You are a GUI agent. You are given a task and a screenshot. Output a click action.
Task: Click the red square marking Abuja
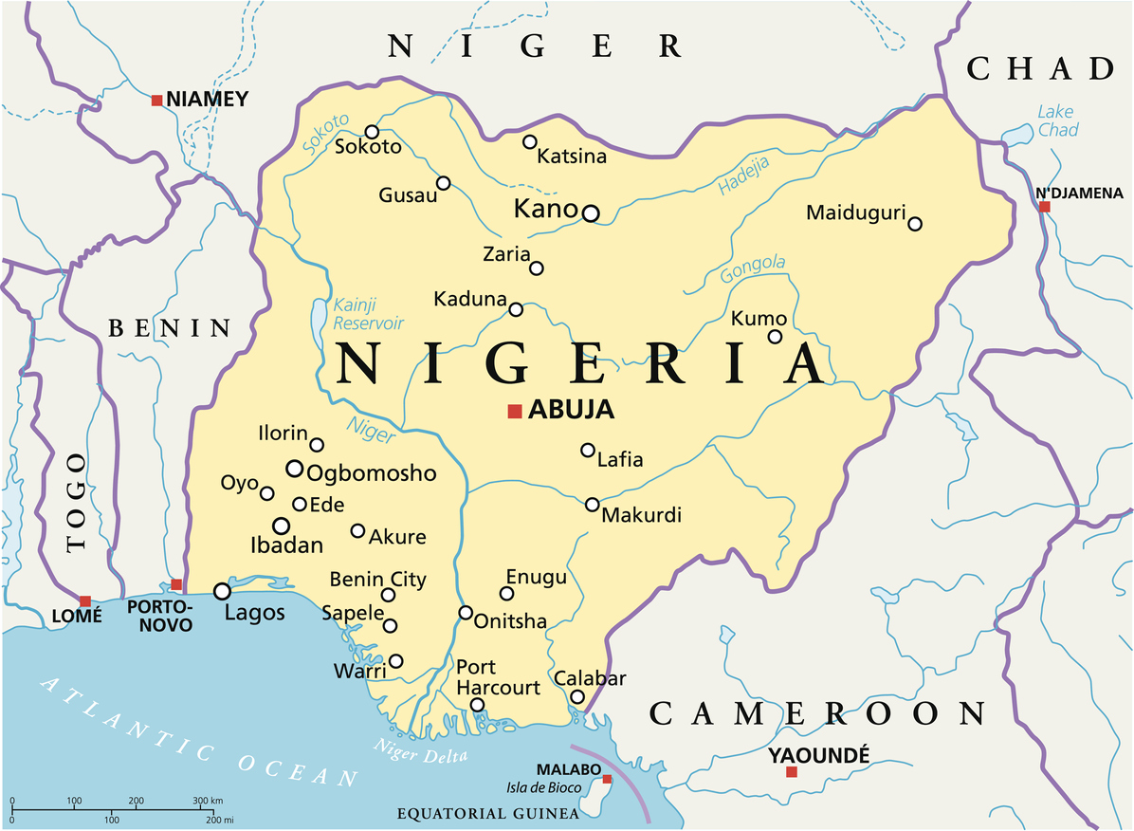tap(515, 411)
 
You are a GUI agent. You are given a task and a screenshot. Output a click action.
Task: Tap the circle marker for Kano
tap(591, 213)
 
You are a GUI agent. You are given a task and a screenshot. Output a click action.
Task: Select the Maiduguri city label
tap(856, 212)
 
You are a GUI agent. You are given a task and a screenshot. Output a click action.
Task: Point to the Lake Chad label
tap(1056, 120)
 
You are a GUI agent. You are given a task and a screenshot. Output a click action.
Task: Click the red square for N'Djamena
tap(1044, 206)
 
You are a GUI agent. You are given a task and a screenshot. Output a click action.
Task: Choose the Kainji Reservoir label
tap(368, 314)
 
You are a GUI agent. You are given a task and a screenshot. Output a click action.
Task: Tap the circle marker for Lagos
tap(222, 591)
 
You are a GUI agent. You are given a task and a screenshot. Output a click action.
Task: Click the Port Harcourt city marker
tap(478, 705)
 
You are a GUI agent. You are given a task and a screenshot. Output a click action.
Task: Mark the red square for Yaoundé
tap(792, 772)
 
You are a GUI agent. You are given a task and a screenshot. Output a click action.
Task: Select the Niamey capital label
tap(206, 99)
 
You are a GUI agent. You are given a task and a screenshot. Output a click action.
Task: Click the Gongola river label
tap(753, 269)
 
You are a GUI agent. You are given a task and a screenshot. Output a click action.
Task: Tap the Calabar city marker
tap(577, 697)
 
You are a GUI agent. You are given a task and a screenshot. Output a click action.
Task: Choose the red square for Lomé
tap(85, 600)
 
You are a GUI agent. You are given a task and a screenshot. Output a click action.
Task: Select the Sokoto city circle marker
tap(372, 132)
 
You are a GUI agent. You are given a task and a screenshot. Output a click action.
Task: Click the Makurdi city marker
tap(593, 505)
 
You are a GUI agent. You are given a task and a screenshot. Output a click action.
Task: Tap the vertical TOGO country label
tap(77, 502)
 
